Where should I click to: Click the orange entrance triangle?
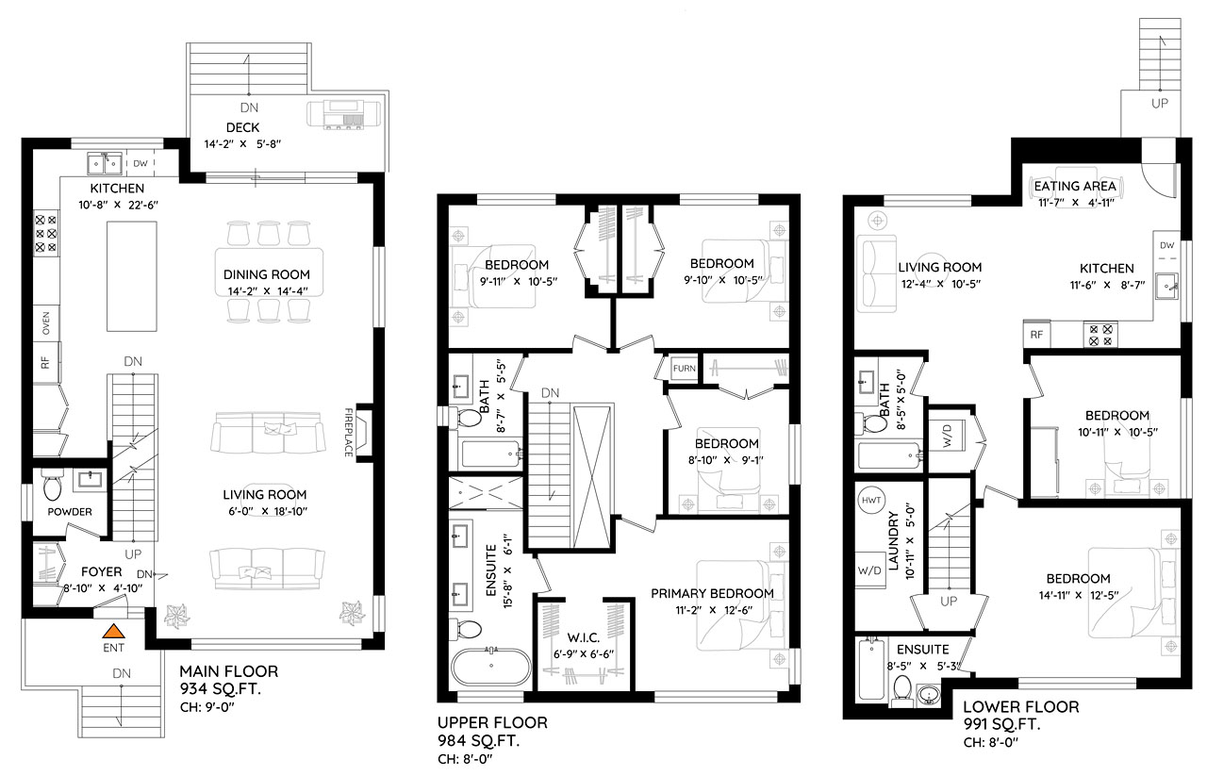coord(113,631)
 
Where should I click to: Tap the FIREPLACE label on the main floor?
coord(349,432)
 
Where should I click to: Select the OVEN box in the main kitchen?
coord(46,322)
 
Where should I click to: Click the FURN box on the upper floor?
coord(684,369)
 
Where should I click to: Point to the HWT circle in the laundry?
coord(870,500)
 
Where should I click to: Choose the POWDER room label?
coord(70,512)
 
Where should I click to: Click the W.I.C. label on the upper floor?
coord(584,638)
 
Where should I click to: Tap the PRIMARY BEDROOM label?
coord(712,593)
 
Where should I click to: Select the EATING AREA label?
coord(1075,186)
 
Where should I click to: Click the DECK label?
coord(243,127)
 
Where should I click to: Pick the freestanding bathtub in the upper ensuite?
coord(491,667)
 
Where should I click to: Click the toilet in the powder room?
coord(53,486)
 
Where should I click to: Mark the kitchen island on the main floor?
coord(132,276)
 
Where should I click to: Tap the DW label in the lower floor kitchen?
coord(1167,245)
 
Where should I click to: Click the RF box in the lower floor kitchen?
coord(1037,334)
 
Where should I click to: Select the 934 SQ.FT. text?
coord(221,688)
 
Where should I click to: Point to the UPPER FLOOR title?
coord(492,722)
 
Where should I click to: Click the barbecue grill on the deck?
coord(344,115)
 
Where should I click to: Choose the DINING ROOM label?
coord(267,274)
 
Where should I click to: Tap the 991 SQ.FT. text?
coord(1002,724)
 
